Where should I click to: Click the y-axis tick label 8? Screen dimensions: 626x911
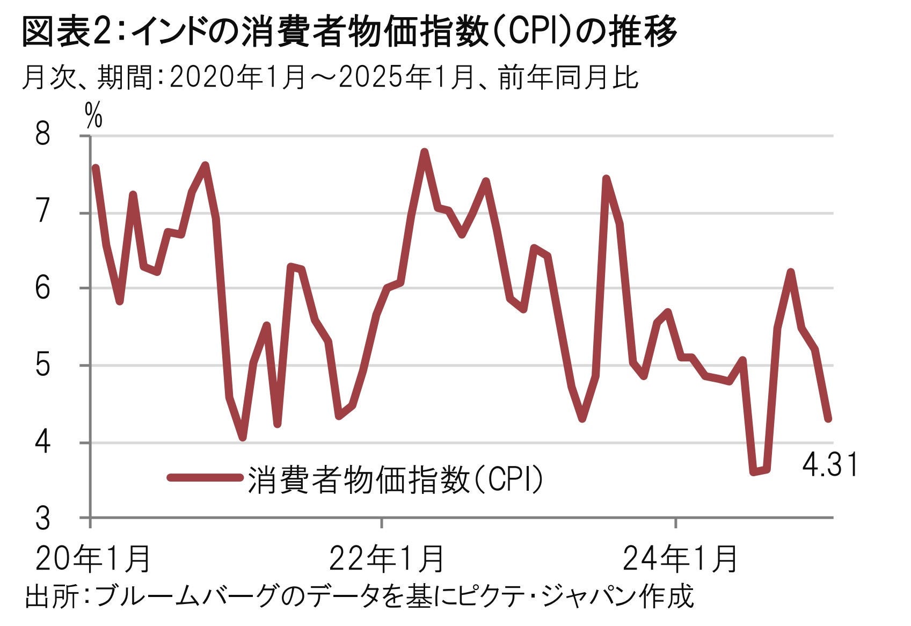pos(42,134)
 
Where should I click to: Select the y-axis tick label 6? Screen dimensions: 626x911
pos(42,288)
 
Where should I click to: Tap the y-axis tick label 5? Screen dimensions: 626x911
pos(42,365)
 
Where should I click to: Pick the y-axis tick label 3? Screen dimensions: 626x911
pos(42,519)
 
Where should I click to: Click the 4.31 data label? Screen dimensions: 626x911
pos(830,465)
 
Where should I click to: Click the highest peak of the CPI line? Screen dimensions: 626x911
pos(424,152)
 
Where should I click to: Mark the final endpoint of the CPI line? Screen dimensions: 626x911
pos(828,419)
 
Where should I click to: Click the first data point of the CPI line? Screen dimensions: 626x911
pos(96,168)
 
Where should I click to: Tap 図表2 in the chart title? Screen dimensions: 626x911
pos(67,32)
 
